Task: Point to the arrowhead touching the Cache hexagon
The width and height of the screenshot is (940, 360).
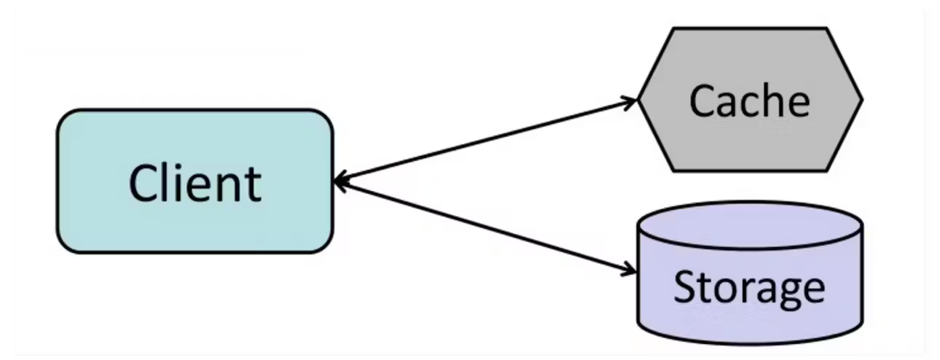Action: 630,101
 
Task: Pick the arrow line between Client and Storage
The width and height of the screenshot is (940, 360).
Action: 485,227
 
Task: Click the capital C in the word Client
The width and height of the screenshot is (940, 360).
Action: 144,183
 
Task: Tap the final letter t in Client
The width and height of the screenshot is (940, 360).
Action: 253,185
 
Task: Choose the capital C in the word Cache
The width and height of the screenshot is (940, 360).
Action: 703,101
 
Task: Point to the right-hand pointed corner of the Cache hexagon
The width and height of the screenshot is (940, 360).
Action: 861,100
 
